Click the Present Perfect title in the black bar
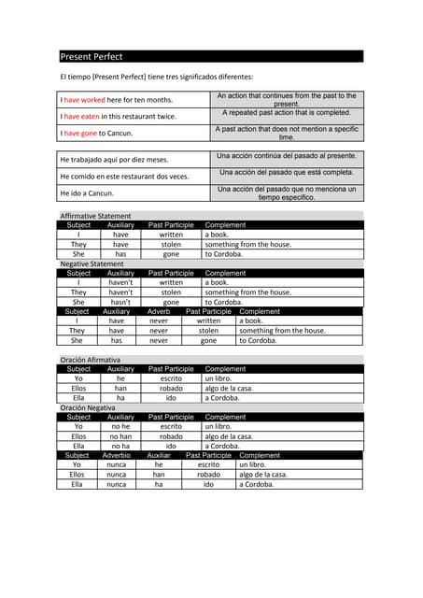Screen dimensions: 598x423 [92, 57]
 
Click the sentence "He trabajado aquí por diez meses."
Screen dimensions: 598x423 [114, 160]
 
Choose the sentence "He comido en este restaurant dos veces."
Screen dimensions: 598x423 [124, 177]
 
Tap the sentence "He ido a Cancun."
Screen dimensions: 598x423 [87, 193]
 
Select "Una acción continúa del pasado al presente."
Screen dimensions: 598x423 [286, 156]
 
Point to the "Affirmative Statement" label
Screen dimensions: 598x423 [96, 216]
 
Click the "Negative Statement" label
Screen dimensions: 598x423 [92, 263]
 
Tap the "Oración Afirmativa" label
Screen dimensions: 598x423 [90, 360]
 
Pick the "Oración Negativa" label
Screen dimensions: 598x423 [88, 407]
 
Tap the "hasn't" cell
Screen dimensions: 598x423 [120, 302]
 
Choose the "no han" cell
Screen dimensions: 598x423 [120, 436]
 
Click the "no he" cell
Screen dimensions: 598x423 [120, 426]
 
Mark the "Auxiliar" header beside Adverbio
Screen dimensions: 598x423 [159, 455]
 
